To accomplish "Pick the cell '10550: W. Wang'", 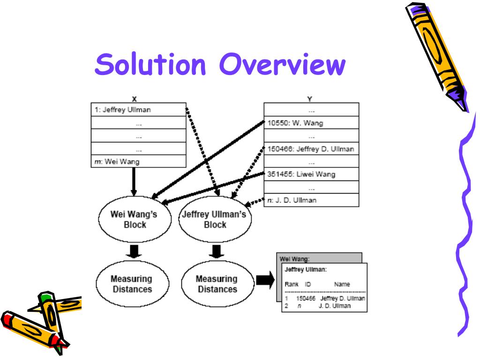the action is tap(311, 124).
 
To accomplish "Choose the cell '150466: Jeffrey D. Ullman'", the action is tap(311, 149).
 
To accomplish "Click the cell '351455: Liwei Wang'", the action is tap(311, 175).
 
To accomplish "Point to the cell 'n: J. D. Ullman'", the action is tap(311, 200).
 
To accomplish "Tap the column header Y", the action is tap(310, 99).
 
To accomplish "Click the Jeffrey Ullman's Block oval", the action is tap(215, 219).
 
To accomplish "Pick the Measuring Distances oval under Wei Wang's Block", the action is tap(131, 284).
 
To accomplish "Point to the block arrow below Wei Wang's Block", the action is tap(134, 251).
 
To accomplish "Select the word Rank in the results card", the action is tap(292, 284).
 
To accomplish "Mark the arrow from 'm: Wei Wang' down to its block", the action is tap(134, 183).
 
